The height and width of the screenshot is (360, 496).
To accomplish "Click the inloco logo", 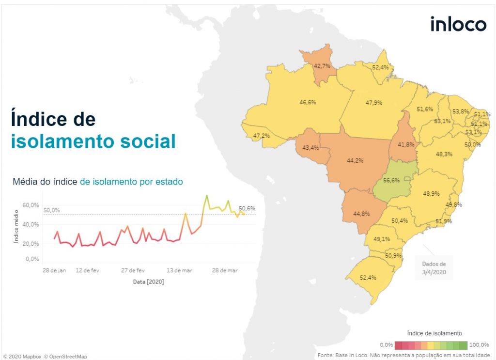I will click(458, 24).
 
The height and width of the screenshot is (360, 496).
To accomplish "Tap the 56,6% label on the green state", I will click(391, 181).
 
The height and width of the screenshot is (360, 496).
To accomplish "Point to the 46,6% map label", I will click(308, 102).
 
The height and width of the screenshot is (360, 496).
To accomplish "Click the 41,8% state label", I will click(405, 144).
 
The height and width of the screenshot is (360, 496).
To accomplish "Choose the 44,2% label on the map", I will click(355, 160).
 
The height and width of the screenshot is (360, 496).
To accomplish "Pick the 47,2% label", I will click(262, 136).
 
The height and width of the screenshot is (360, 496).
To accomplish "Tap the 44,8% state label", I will click(362, 214).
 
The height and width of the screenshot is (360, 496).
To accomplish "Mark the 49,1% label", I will click(382, 239).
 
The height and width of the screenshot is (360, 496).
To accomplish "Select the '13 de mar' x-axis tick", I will click(180, 270).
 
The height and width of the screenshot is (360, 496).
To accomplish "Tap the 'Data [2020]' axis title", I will click(148, 282).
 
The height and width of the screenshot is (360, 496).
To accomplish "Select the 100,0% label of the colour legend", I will click(480, 344).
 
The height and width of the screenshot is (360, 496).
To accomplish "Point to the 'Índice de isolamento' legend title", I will click(434, 333).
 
